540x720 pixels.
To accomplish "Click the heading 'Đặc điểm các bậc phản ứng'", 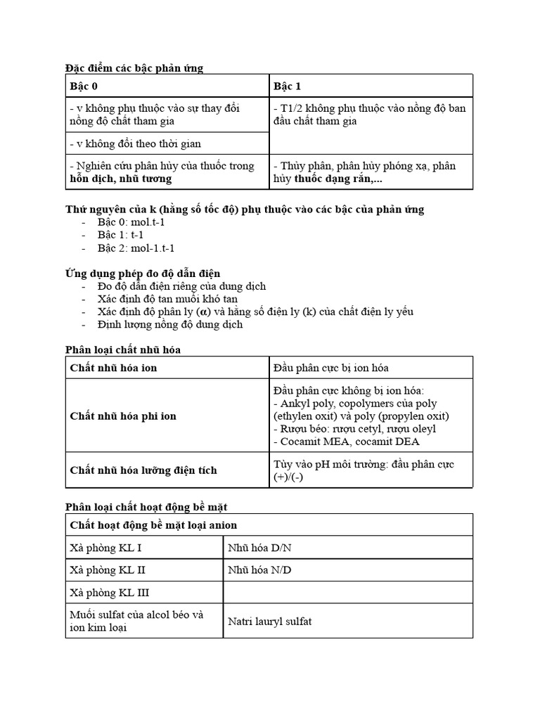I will pyautogui.click(x=134, y=67).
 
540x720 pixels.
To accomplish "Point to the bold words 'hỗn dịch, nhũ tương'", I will pyautogui.click(x=120, y=179).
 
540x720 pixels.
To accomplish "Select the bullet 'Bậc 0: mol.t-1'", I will pyautogui.click(x=130, y=223).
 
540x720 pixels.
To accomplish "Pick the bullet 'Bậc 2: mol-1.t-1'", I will pyautogui.click(x=136, y=248).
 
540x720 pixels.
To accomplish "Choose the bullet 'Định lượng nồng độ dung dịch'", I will pyautogui.click(x=170, y=324).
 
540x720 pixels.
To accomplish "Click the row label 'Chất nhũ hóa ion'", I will pyautogui.click(x=113, y=368).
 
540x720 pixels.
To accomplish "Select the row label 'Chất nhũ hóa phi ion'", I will pyautogui.click(x=123, y=416).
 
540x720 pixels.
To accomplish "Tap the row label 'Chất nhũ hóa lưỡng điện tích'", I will pyautogui.click(x=143, y=470).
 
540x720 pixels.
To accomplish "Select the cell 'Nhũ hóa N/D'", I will pyautogui.click(x=259, y=570).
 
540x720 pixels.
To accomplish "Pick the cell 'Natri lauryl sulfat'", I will pyautogui.click(x=270, y=621).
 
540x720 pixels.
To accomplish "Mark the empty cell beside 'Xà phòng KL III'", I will pyautogui.click(x=347, y=593).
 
